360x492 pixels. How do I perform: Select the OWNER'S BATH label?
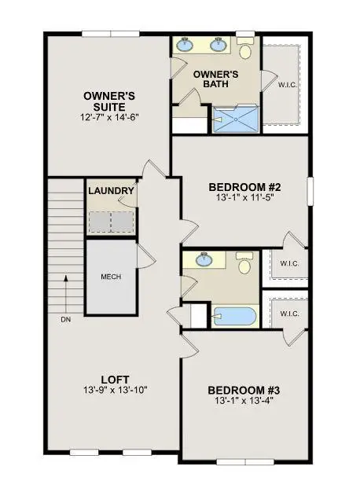point(216,79)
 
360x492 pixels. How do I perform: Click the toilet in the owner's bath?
point(244,50)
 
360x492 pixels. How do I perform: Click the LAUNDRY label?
point(111,191)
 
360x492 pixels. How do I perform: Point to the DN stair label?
point(64,320)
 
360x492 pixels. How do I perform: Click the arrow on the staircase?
point(64,291)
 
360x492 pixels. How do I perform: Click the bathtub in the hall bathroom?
point(235,316)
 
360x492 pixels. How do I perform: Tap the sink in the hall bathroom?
point(205,261)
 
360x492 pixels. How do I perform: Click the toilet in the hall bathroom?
point(244,263)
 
